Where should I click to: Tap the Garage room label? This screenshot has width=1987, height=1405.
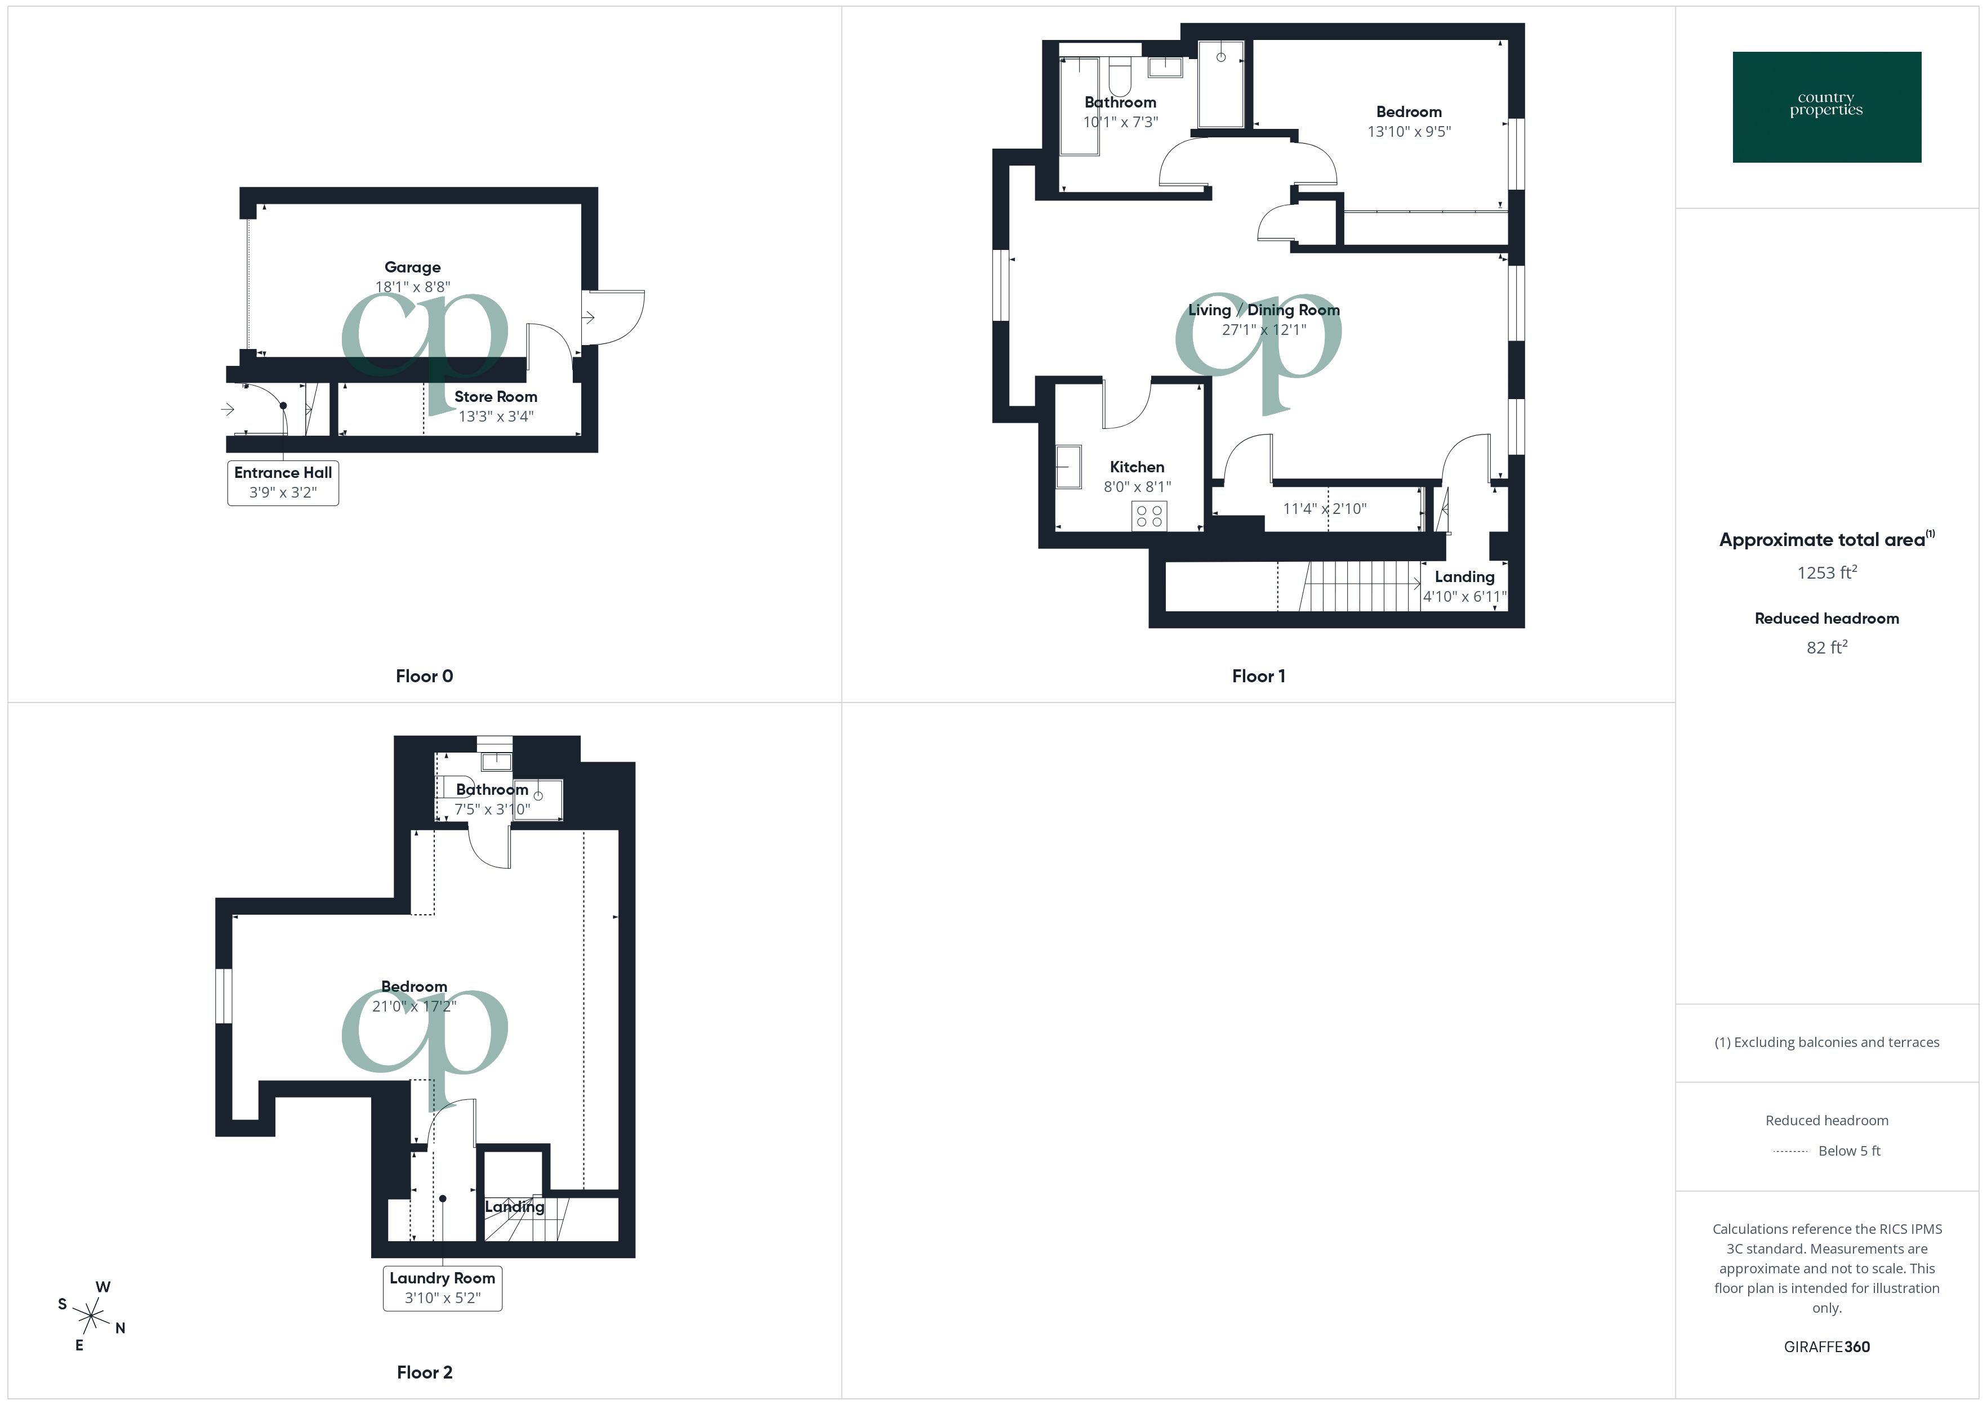(x=413, y=267)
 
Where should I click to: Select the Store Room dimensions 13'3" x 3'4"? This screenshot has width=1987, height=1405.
(x=495, y=416)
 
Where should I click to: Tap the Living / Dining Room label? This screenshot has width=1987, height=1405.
(x=1263, y=310)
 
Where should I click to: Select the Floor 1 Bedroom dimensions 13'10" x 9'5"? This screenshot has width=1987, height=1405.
(x=1409, y=132)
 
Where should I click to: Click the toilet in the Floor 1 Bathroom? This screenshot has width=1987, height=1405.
(x=1120, y=75)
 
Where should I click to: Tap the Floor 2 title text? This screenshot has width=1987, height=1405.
(x=424, y=1372)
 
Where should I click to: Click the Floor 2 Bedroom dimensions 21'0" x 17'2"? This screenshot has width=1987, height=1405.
(x=413, y=1006)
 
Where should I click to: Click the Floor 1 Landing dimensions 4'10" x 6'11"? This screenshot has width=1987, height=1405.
(x=1464, y=596)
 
